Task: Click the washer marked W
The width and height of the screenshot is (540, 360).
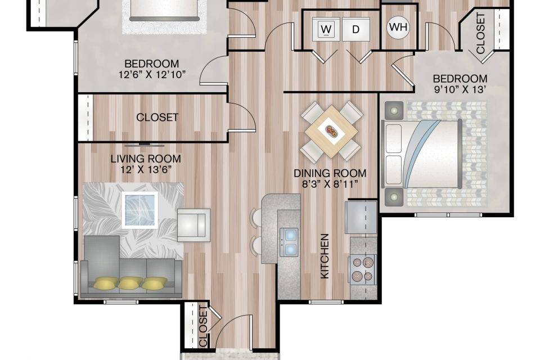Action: click(326, 29)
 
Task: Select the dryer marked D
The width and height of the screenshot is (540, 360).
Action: click(355, 29)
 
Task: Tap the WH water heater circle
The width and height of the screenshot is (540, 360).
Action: click(399, 27)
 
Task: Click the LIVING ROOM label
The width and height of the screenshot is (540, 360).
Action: click(146, 159)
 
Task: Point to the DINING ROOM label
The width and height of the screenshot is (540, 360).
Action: click(330, 173)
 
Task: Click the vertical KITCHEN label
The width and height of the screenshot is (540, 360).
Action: click(325, 256)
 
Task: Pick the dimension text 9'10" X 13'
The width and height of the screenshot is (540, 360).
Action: click(460, 89)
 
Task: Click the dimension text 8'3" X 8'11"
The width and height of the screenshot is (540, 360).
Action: click(330, 184)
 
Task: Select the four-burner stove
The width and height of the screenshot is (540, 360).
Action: click(363, 269)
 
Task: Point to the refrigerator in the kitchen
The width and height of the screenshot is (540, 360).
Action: click(361, 217)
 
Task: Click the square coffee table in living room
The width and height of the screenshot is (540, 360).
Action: click(140, 210)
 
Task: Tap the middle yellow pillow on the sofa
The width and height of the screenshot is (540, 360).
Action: click(130, 282)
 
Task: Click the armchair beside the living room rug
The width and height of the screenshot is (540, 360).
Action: click(193, 224)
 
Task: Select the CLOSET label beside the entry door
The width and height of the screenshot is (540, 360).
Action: click(203, 326)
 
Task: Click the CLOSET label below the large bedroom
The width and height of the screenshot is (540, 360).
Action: click(157, 118)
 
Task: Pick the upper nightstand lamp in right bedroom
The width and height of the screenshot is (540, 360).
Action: click(394, 110)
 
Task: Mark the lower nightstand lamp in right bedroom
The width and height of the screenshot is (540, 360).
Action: click(394, 197)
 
